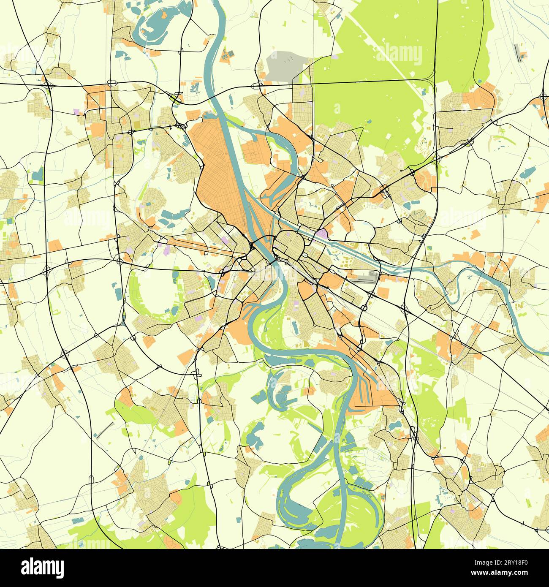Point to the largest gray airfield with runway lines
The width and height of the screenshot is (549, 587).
pos(363,278)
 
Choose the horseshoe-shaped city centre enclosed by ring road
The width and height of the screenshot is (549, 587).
pos(289,245)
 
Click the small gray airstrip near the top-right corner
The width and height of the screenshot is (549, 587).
pos(518,53)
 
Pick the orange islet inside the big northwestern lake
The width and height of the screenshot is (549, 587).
pos(163,16)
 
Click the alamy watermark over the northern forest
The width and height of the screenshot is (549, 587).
pos(399,55)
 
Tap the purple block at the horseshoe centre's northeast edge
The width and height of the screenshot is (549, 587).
pos(323,234)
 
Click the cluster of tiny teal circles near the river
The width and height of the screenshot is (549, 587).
pos(195,87)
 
